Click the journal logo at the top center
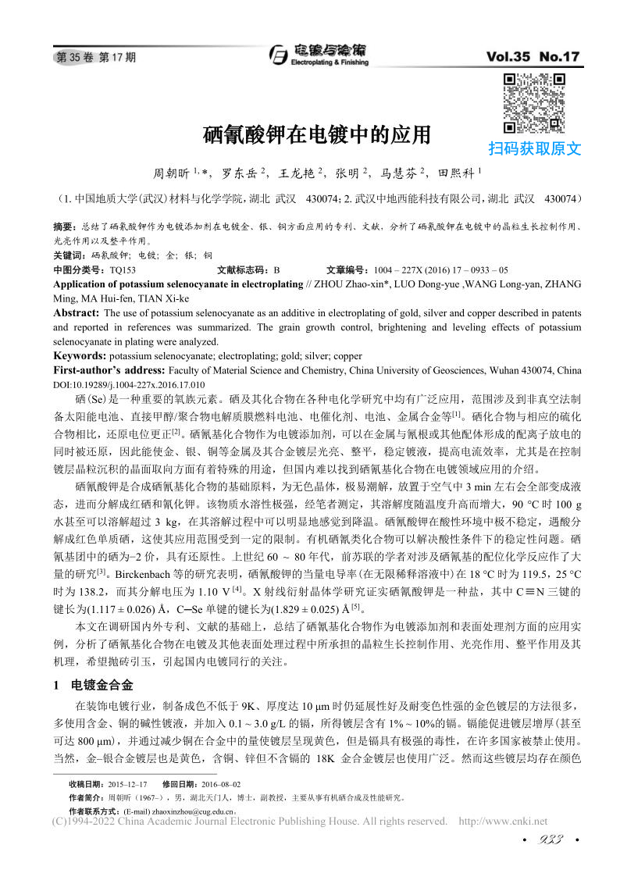(x=317, y=54)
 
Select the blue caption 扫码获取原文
(x=534, y=148)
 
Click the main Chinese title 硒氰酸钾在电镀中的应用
(x=317, y=135)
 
